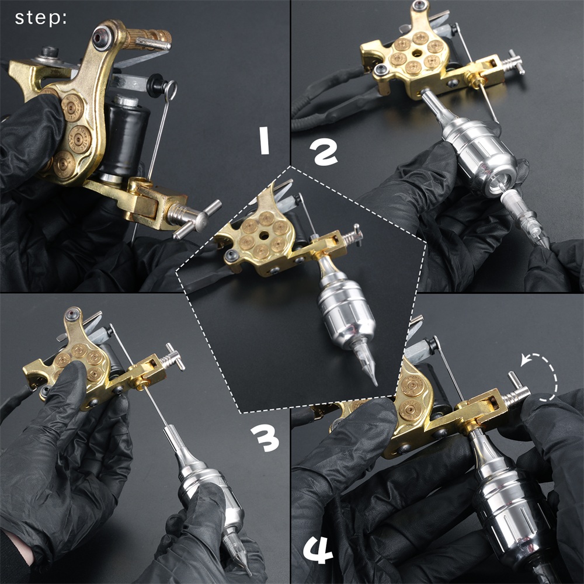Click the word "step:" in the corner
[41, 18]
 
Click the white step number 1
[264, 141]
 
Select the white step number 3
[265, 437]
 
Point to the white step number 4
[318, 551]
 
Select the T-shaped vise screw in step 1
[194, 217]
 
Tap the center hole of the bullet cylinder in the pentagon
[265, 235]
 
